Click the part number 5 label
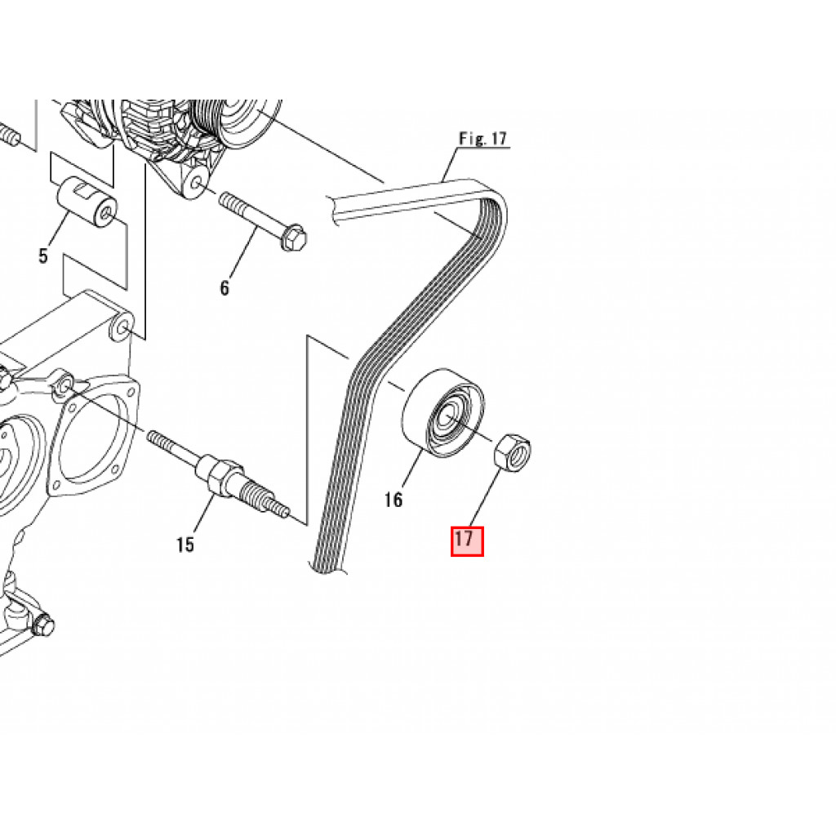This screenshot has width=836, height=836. (x=42, y=256)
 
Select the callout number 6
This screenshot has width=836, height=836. (x=225, y=287)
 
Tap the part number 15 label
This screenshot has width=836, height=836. (x=185, y=544)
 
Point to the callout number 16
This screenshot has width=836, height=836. (x=394, y=500)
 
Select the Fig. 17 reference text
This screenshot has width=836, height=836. (x=482, y=139)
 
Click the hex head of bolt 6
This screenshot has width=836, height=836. (x=294, y=236)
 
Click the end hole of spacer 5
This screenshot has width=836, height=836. (x=104, y=215)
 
